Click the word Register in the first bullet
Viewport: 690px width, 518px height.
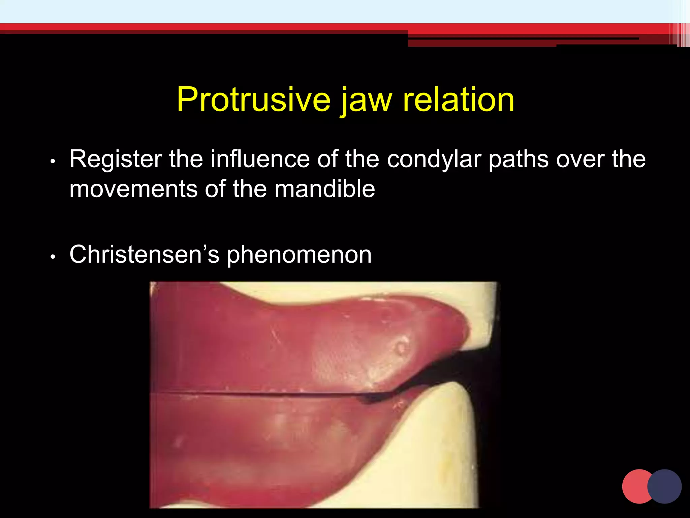(116, 159)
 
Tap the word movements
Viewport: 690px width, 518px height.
(133, 189)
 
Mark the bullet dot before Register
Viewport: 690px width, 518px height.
(52, 162)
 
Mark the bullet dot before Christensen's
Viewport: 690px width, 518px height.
(52, 257)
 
